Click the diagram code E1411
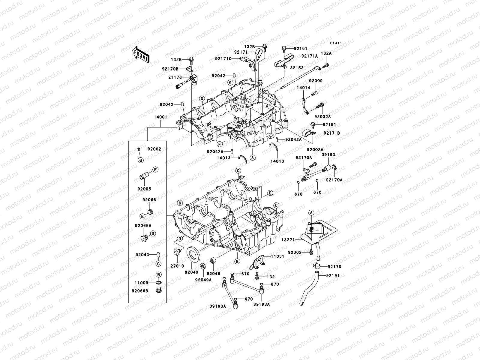tap(336, 43)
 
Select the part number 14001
tap(161, 117)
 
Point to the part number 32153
tap(296, 68)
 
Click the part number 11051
tap(278, 256)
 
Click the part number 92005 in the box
tap(144, 189)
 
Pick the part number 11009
tap(141, 283)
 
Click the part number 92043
tap(142, 255)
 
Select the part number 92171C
tap(231, 58)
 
